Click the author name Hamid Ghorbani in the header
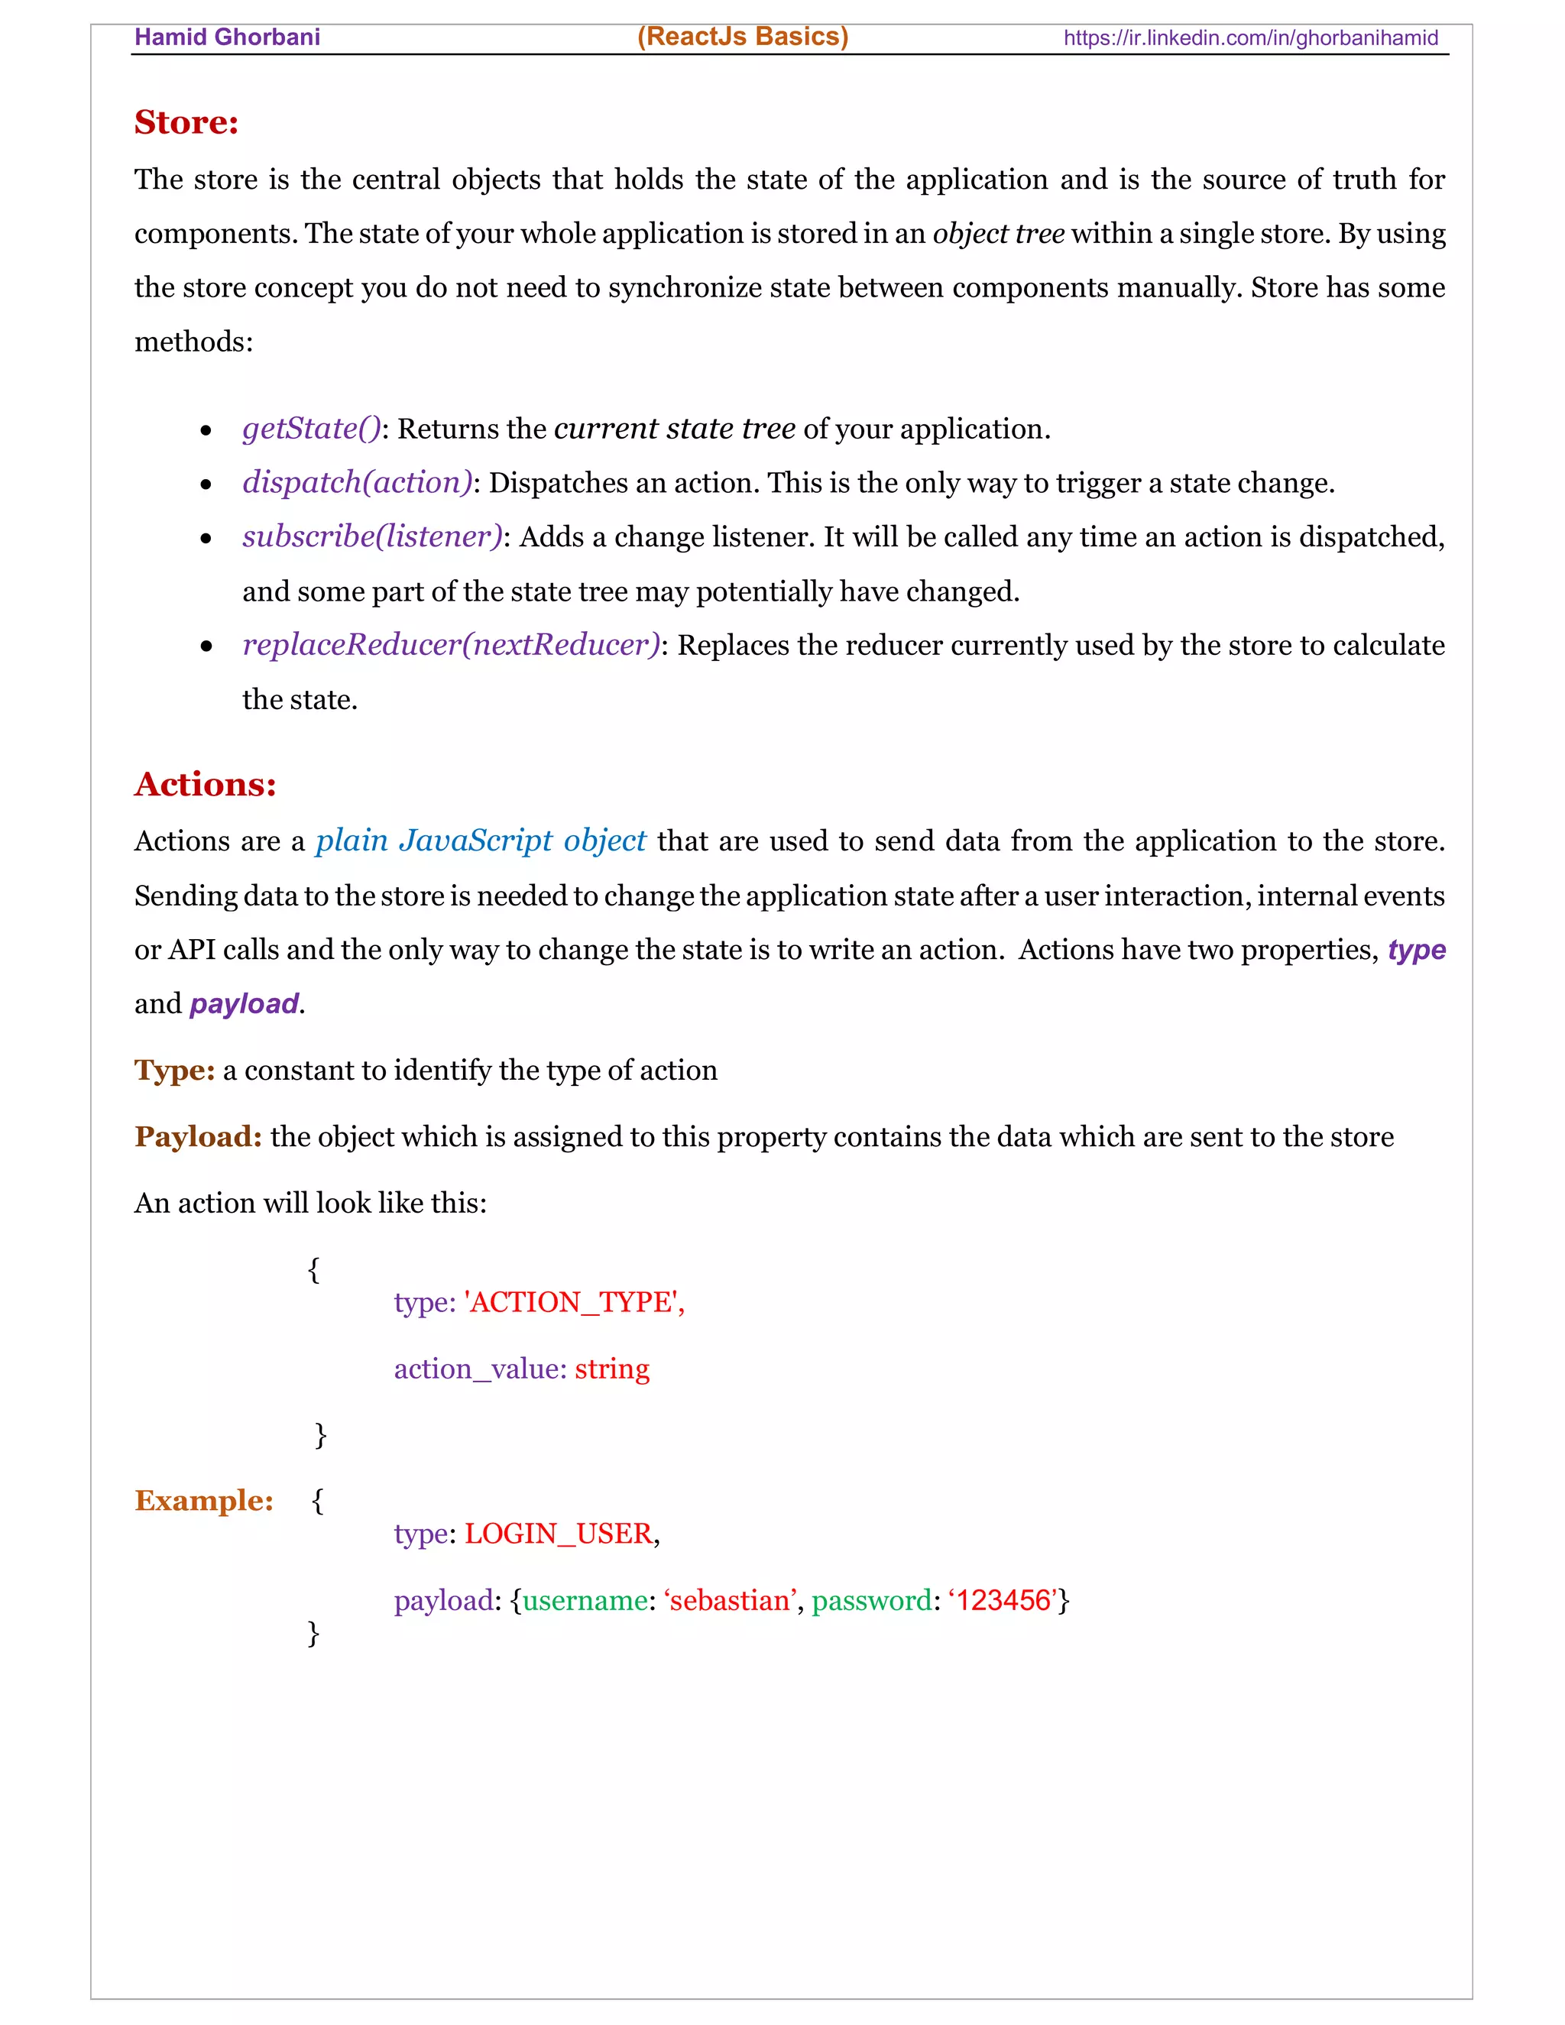click(227, 37)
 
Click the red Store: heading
click(186, 122)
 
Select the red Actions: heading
click(205, 785)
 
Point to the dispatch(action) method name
click(357, 482)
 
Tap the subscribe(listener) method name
click(372, 536)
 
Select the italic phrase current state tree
click(674, 429)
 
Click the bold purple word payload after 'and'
click(244, 1003)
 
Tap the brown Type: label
click(174, 1070)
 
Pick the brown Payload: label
click(197, 1137)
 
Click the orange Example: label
click(204, 1500)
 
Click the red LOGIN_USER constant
click(558, 1534)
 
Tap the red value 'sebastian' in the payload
click(730, 1600)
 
